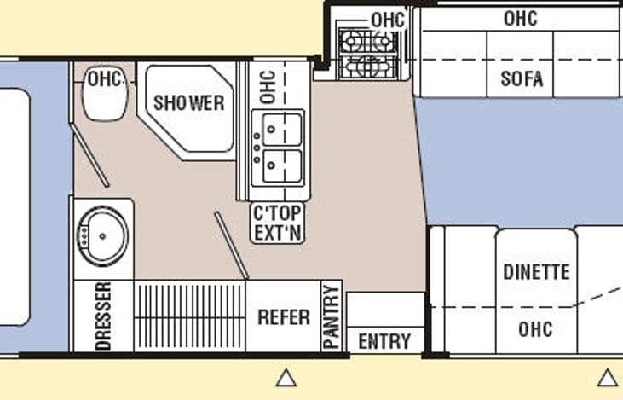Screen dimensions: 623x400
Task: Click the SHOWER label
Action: [x=188, y=103]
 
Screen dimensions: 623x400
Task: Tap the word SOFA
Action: [x=522, y=78]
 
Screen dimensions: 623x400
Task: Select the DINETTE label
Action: [x=536, y=272]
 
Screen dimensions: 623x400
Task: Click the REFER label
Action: [x=284, y=317]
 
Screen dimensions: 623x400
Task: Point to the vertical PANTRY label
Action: [x=332, y=317]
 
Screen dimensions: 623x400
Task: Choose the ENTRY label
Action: [x=384, y=341]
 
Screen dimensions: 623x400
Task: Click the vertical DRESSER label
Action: [x=103, y=316]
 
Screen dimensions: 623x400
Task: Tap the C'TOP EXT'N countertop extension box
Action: [x=277, y=223]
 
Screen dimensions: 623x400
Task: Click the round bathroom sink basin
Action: [x=102, y=236]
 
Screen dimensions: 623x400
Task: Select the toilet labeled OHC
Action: [x=105, y=94]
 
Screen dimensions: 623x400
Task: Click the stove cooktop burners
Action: [x=368, y=53]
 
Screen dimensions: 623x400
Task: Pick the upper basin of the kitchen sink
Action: [x=282, y=130]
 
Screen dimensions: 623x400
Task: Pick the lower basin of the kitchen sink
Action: [x=282, y=165]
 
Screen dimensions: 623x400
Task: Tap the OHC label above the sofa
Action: [x=521, y=18]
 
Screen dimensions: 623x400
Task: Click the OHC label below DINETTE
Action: [x=535, y=329]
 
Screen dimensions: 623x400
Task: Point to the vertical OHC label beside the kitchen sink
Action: [x=268, y=87]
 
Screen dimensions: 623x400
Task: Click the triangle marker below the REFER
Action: [x=286, y=378]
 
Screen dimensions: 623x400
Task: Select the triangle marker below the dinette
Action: [x=608, y=378]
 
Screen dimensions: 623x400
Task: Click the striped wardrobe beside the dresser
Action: [x=189, y=316]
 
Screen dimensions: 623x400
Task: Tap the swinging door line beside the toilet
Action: [x=89, y=155]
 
